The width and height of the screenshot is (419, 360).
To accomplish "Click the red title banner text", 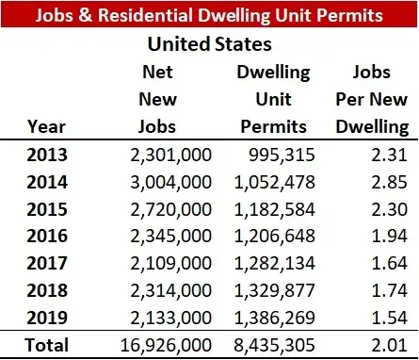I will (x=209, y=16).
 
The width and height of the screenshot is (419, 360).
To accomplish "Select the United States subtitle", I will (x=210, y=43).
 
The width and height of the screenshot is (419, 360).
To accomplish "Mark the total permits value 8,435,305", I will (x=274, y=344).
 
